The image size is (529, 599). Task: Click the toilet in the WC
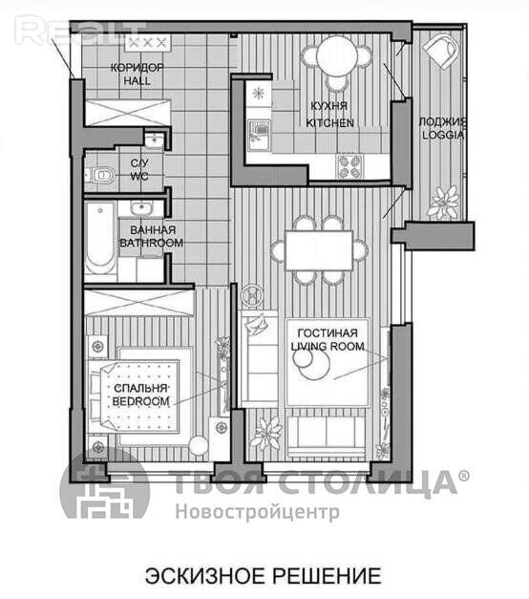[102, 175]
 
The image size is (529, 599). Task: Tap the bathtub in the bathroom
[99, 237]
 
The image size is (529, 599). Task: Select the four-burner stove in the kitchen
[349, 167]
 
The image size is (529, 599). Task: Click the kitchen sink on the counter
[259, 135]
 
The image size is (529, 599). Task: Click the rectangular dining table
[319, 250]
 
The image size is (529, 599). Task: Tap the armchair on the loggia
[441, 51]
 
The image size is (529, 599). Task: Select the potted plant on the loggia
[443, 203]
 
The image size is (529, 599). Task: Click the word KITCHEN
[329, 122]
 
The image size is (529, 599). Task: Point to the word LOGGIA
[443, 135]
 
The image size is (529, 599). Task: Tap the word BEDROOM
[140, 401]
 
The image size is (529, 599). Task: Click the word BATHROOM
[151, 243]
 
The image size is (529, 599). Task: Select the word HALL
[138, 80]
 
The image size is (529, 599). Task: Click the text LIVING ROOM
[328, 346]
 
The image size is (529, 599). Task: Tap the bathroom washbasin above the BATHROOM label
[141, 208]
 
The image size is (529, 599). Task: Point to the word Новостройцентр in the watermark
[258, 511]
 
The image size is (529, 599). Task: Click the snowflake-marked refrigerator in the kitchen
[259, 93]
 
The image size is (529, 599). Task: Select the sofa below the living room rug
[327, 437]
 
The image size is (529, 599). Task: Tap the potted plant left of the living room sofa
[266, 433]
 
